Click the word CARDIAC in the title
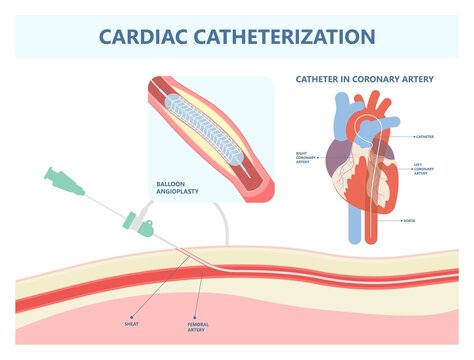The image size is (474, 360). pyautogui.click(x=148, y=37)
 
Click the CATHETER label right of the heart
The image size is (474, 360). pyautogui.click(x=425, y=135)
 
